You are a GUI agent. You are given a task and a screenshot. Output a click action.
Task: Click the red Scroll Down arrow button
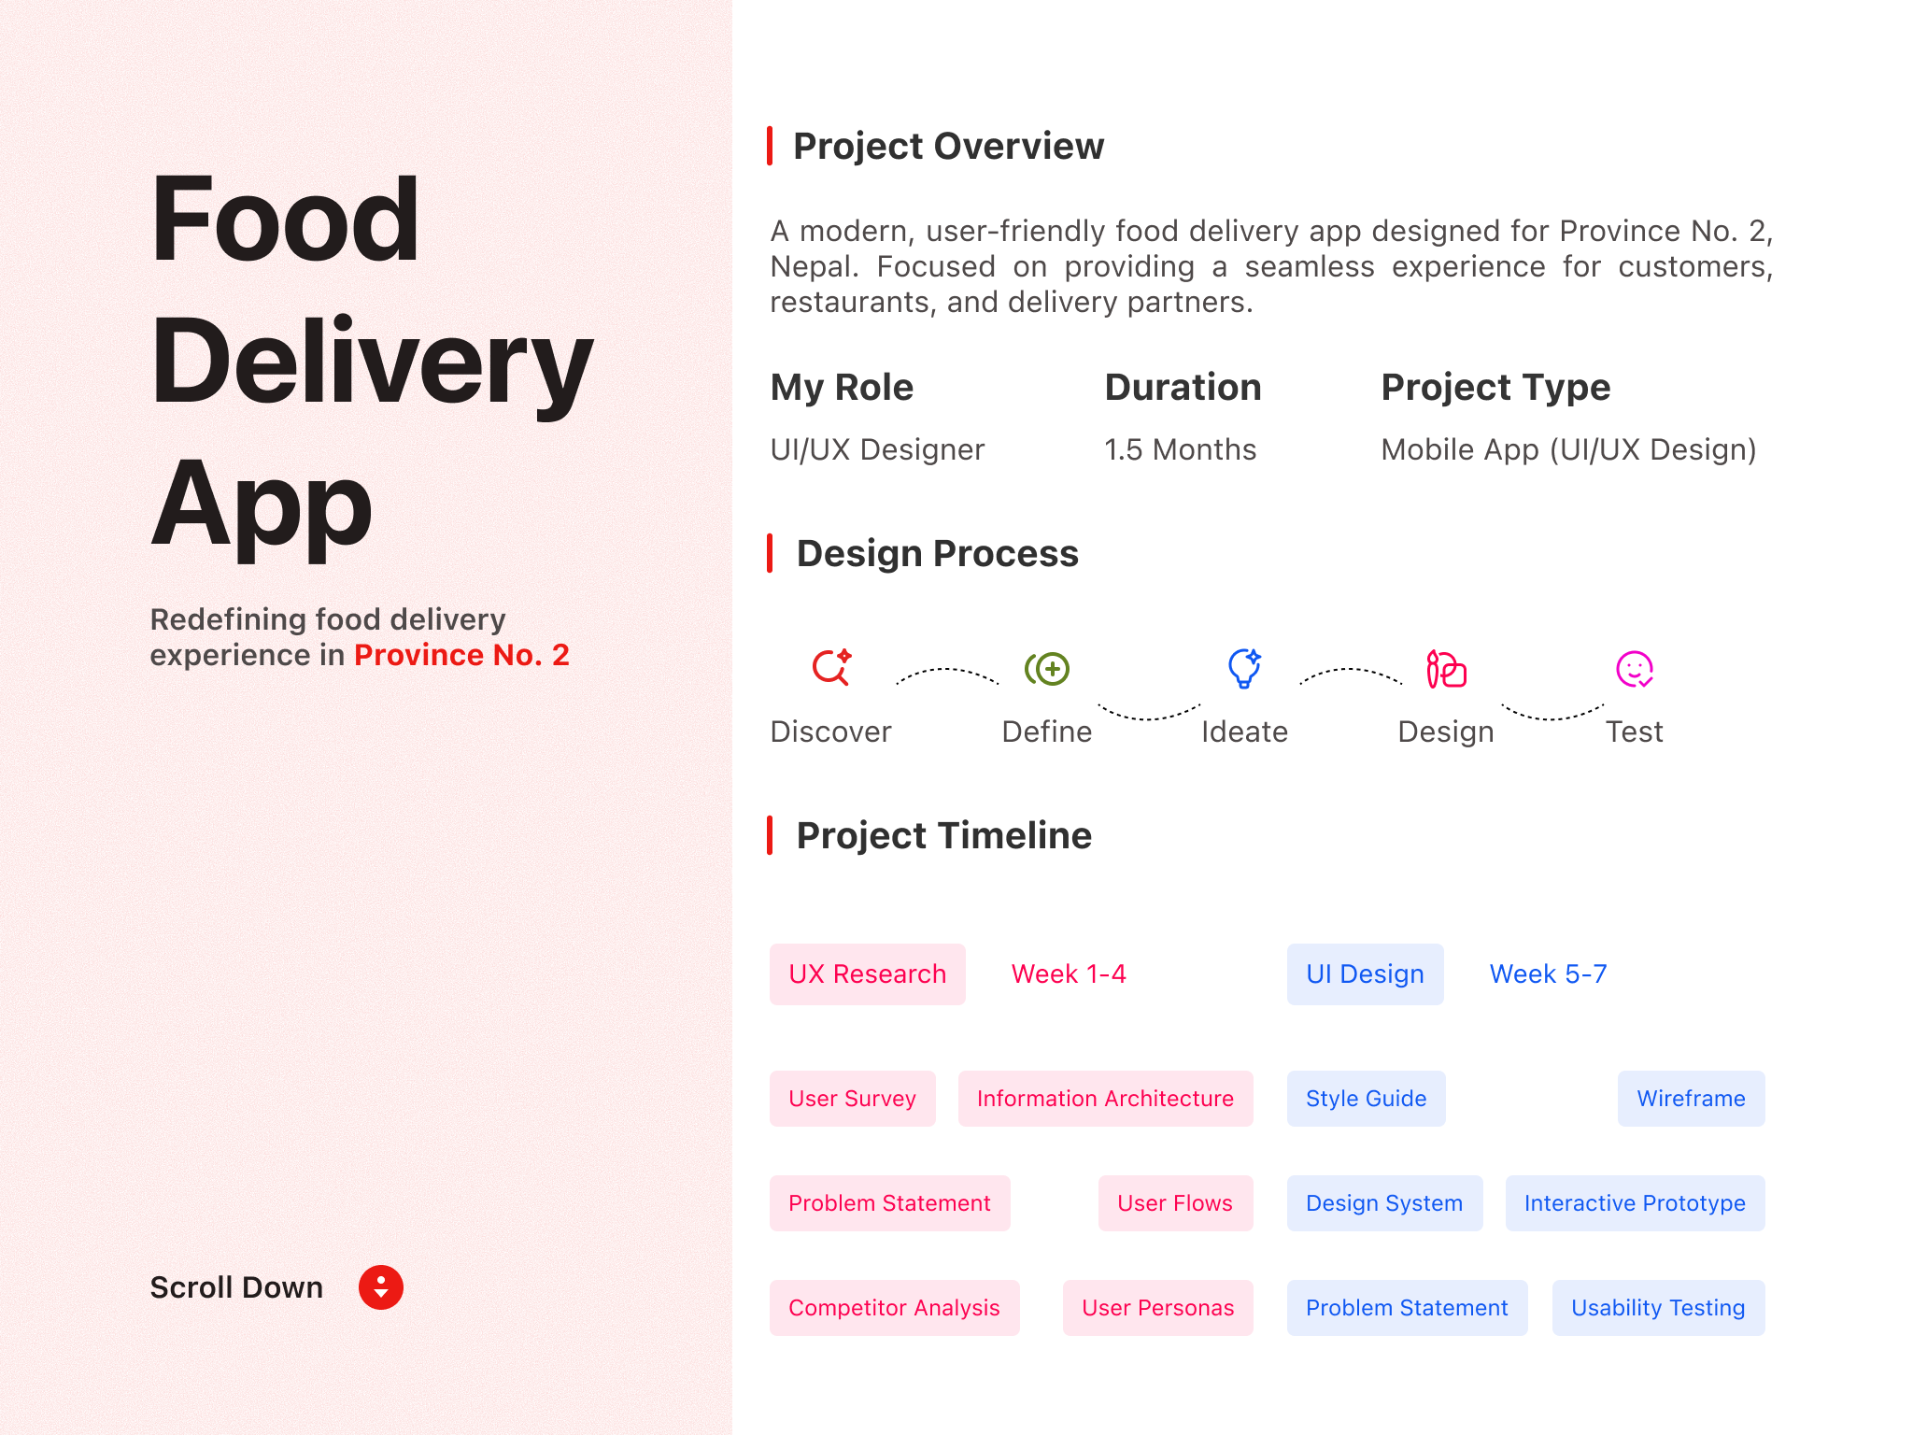pyautogui.click(x=381, y=1287)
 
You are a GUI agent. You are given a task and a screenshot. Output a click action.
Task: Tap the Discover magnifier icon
pyautogui.click(x=831, y=667)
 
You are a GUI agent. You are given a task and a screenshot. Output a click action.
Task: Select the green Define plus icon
pyautogui.click(x=1047, y=669)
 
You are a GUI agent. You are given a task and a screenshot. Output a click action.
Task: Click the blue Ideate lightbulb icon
pyautogui.click(x=1244, y=668)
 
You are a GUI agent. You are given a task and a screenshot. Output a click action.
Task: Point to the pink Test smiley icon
pyautogui.click(x=1635, y=669)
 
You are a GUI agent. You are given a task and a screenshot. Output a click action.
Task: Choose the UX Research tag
pyautogui.click(x=868, y=974)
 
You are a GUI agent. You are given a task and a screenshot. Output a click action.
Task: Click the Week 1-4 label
pyautogui.click(x=1069, y=974)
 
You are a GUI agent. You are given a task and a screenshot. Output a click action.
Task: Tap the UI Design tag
pyautogui.click(x=1366, y=974)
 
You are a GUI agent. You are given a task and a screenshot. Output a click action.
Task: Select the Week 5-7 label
pyautogui.click(x=1548, y=974)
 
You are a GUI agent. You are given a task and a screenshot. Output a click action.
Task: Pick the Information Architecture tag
pyautogui.click(x=1106, y=1099)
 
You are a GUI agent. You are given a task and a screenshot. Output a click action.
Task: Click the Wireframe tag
pyautogui.click(x=1692, y=1099)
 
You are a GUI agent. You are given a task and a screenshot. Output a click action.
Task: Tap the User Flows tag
pyautogui.click(x=1176, y=1203)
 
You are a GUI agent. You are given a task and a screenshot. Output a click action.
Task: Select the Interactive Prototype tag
pyautogui.click(x=1636, y=1203)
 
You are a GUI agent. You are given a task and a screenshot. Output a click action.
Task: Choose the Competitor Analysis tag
pyautogui.click(x=895, y=1308)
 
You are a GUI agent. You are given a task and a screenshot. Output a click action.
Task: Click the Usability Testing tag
pyautogui.click(x=1659, y=1308)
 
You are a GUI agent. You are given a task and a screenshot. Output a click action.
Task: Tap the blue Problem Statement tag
pyautogui.click(x=1408, y=1308)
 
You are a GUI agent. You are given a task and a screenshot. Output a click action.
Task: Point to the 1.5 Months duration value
pyautogui.click(x=1181, y=449)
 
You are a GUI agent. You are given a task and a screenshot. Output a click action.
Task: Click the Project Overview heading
pyautogui.click(x=949, y=146)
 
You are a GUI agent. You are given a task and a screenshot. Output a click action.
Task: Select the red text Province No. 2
pyautogui.click(x=461, y=655)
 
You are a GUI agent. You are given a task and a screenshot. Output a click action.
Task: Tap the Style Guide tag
pyautogui.click(x=1367, y=1099)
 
